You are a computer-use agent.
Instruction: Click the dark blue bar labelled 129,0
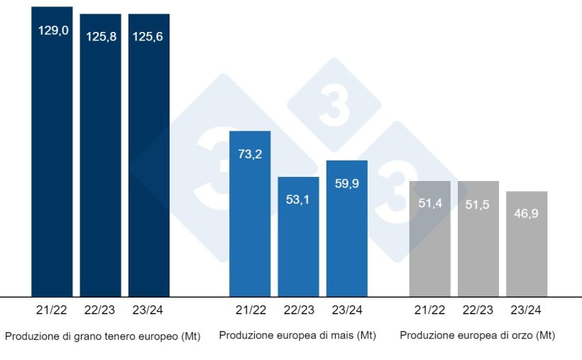[x=52, y=163]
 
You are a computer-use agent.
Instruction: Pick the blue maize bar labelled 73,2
[x=250, y=220]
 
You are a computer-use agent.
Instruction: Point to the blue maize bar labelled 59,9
[x=347, y=234]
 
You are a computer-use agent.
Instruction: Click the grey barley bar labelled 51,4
[x=430, y=245]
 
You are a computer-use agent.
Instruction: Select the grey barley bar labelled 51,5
[x=478, y=245]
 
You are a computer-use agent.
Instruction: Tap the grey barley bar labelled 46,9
[x=527, y=249]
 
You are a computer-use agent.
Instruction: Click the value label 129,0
[x=53, y=31]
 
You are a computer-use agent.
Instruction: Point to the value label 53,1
[x=298, y=199]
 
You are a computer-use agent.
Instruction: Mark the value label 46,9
[x=527, y=214]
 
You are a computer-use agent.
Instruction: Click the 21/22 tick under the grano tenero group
[x=52, y=310]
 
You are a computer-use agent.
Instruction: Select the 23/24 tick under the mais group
[x=347, y=310]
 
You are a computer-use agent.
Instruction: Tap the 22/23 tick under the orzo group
[x=478, y=310]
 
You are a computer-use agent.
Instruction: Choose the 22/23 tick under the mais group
[x=298, y=310]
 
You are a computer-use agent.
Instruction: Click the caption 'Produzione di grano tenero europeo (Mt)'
[x=102, y=337]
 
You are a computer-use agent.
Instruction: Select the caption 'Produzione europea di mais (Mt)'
[x=297, y=334]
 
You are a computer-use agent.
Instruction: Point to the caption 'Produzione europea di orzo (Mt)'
[x=478, y=334]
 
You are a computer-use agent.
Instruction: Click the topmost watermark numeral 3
[x=334, y=106]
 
